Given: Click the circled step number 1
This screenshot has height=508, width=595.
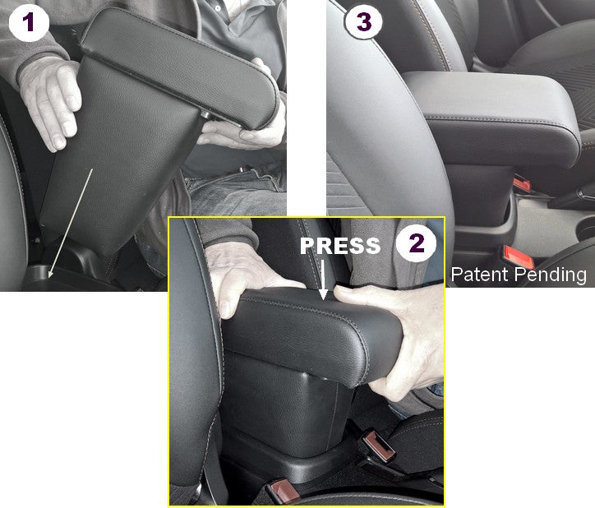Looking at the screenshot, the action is (29, 23).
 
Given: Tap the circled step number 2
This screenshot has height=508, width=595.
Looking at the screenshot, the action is (417, 242).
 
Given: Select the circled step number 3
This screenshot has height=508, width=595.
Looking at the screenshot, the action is (363, 22).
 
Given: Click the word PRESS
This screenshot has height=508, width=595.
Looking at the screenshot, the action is (340, 246).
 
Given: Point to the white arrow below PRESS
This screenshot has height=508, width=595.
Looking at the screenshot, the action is (323, 279).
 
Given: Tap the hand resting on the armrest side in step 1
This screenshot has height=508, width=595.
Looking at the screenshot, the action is (49, 102).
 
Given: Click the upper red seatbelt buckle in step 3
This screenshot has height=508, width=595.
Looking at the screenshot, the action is (522, 184).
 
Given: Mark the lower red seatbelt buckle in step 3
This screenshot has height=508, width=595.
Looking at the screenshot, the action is (518, 257).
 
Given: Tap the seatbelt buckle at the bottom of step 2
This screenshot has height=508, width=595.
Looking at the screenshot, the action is (282, 491).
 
